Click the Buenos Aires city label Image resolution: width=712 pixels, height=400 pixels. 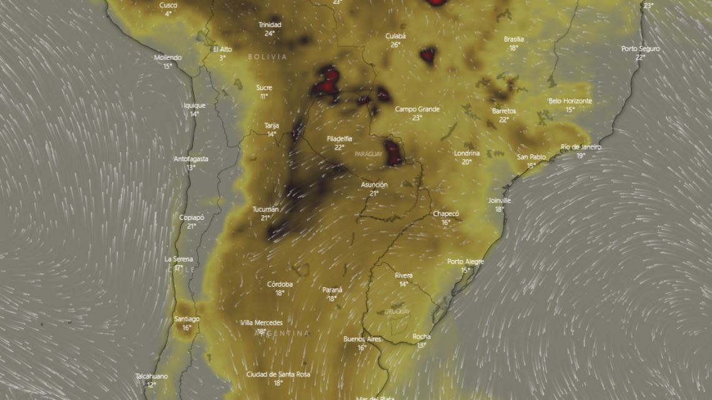[362, 339]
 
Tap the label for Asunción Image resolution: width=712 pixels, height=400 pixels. [374, 185]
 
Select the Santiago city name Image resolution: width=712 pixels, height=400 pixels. [187, 319]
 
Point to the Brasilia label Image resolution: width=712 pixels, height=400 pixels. [513, 39]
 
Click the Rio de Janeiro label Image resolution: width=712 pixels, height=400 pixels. [580, 147]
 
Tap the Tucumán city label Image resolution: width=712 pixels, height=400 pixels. [265, 209]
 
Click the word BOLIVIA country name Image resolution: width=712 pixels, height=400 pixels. [267, 57]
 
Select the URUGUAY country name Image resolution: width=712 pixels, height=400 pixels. [397, 311]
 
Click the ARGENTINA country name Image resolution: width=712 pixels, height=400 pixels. [281, 334]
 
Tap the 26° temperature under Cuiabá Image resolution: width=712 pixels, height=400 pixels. [395, 45]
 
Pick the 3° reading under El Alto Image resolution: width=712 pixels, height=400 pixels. [222, 57]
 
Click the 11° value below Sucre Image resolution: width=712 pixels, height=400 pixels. [264, 96]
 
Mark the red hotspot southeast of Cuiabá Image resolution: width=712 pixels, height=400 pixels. [428, 55]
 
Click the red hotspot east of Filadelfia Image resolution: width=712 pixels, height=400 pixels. [393, 153]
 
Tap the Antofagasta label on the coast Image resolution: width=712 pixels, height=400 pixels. [190, 159]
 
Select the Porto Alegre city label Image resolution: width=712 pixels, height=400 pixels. [465, 261]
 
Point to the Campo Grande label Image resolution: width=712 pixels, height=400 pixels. [417, 109]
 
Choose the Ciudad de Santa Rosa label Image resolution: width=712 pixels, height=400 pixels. [278, 374]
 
